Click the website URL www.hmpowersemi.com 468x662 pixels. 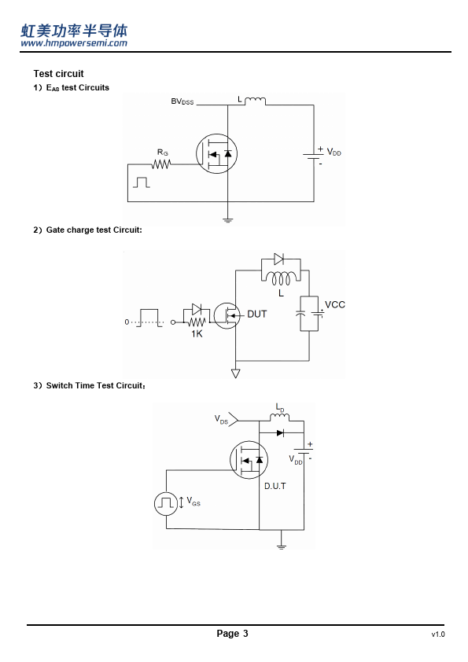point(74,43)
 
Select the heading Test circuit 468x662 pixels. point(59,74)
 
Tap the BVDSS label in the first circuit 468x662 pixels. point(182,101)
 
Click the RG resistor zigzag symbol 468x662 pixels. point(161,164)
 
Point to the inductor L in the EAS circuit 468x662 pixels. point(255,101)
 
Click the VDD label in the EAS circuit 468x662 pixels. point(334,152)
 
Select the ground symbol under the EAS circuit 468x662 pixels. point(227,220)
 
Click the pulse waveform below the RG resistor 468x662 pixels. point(142,182)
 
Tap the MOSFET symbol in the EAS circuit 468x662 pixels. point(216,153)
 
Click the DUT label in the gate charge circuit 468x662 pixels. point(256,314)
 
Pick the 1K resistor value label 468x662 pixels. point(197,333)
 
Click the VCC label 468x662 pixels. point(335,304)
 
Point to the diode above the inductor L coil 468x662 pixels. point(278,259)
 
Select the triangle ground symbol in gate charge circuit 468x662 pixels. point(236,373)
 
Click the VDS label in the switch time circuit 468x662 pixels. point(221,419)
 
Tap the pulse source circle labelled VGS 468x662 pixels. point(166,503)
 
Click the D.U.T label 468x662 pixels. point(275,486)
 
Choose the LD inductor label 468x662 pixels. point(280,407)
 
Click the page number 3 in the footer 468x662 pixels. point(245,633)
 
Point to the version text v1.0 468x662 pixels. point(438,634)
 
